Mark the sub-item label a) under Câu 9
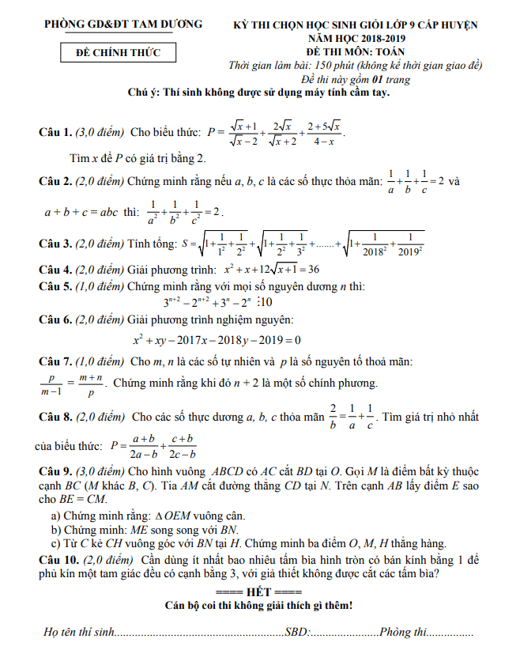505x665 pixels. (x=55, y=515)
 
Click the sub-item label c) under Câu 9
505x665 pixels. (x=55, y=543)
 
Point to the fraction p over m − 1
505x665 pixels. (x=55, y=385)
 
